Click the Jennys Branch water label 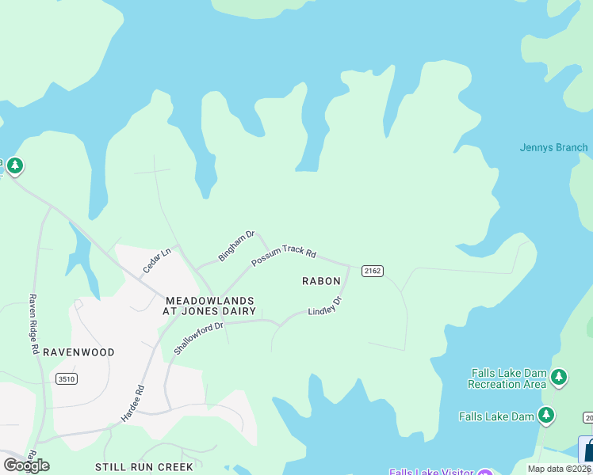tap(553, 147)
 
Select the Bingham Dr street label tap(236, 246)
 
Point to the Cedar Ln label tap(157, 262)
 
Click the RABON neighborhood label tap(321, 281)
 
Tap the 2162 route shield tap(373, 271)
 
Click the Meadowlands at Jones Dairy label tap(210, 306)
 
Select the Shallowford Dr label tap(200, 337)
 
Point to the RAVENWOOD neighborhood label tap(78, 352)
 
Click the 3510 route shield tap(67, 379)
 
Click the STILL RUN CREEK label tap(143, 467)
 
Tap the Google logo tap(26, 465)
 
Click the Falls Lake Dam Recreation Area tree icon tap(560, 378)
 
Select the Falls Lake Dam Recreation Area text tap(507, 378)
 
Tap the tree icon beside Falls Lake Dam tap(545, 415)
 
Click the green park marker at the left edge tap(15, 166)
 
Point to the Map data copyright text tap(558, 469)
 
